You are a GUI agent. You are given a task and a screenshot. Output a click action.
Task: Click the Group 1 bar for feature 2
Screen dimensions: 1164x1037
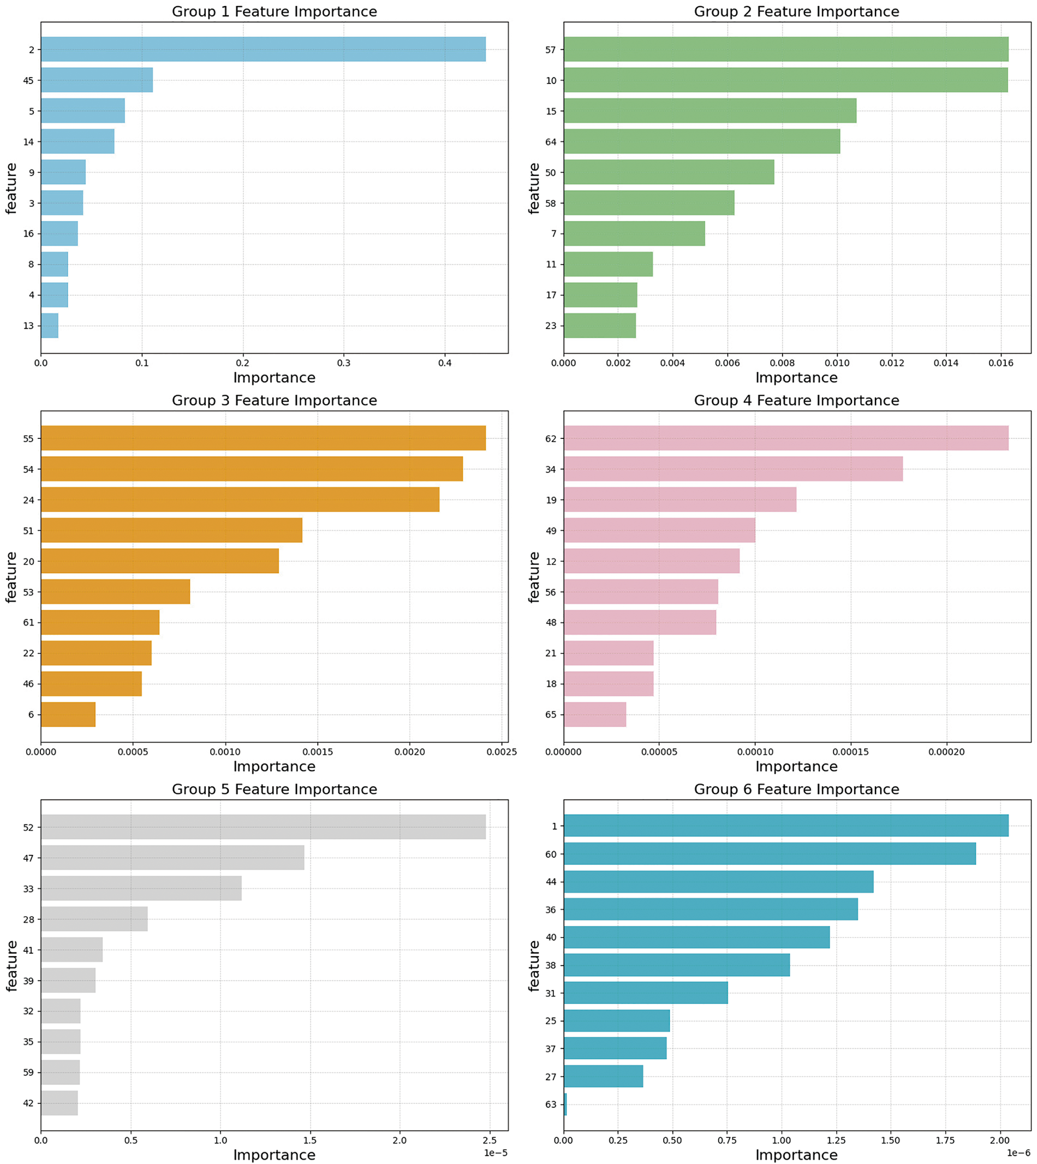262,49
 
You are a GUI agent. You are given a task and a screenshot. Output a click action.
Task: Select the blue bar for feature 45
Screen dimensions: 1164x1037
97,80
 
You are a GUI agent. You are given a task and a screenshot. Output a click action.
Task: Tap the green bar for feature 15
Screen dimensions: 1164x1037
710,111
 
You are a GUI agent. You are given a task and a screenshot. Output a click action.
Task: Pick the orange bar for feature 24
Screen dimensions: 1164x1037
239,500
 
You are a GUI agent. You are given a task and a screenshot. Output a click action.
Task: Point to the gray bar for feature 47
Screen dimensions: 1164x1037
172,857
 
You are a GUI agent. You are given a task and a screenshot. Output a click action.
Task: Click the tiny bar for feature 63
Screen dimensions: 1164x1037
565,1104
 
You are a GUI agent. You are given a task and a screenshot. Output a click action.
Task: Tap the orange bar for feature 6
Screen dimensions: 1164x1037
68,714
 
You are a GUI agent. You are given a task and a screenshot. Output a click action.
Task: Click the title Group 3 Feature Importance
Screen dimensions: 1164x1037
274,401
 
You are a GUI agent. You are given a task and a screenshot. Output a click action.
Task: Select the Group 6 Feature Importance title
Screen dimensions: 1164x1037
796,789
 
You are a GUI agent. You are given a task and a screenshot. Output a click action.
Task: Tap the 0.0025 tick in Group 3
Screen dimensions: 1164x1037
502,752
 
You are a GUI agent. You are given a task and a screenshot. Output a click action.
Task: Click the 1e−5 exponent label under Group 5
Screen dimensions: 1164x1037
495,1153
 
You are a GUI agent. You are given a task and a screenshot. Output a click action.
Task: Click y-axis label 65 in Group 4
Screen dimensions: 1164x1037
550,715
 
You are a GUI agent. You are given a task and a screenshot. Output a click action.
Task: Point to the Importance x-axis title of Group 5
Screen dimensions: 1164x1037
274,1155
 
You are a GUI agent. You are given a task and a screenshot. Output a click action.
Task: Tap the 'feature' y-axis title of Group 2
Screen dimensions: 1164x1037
534,188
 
